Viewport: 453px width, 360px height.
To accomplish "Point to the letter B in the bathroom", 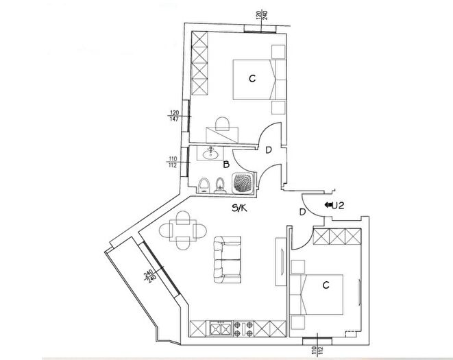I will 226,165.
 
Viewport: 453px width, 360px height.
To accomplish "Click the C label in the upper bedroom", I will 252,79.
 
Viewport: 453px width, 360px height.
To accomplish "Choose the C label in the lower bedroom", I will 326,284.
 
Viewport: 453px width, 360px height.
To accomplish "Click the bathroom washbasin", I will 210,154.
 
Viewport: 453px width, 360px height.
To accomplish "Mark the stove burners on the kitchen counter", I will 243,328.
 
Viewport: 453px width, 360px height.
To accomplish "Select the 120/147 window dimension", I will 174,116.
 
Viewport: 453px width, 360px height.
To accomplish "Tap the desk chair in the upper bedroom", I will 222,124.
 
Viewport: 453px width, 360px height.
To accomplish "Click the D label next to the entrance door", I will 302,212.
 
